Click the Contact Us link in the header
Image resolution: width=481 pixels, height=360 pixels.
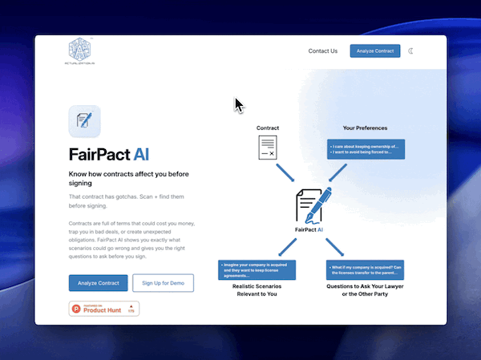click(x=323, y=51)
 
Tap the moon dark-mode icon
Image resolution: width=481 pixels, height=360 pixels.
click(x=411, y=51)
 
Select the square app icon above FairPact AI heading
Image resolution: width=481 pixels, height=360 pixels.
click(x=84, y=122)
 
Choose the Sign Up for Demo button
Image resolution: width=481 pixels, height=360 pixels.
click(x=163, y=283)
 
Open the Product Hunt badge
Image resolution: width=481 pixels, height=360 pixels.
click(x=104, y=309)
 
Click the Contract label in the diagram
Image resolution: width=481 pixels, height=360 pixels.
click(x=268, y=128)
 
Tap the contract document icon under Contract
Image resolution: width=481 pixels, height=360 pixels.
click(x=268, y=148)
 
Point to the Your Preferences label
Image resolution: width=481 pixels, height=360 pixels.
click(x=365, y=128)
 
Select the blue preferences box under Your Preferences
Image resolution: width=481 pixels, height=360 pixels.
click(x=365, y=149)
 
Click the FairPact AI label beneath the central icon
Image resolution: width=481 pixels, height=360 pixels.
click(x=309, y=230)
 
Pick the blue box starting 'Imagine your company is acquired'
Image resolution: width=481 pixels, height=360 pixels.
click(x=257, y=270)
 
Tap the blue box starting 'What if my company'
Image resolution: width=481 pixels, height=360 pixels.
click(x=365, y=270)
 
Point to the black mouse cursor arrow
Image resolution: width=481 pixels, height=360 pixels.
click(x=238, y=104)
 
